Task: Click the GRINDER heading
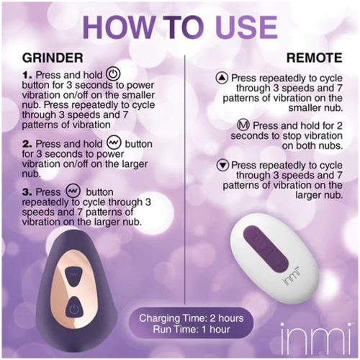coord(53,58)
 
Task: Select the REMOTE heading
coord(315,58)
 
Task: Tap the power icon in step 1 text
coord(113,74)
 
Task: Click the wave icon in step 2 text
coord(113,143)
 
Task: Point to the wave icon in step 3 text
coord(73,191)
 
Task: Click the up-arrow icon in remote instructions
coord(222,78)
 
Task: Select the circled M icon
coord(243,125)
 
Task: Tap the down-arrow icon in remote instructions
coord(222,165)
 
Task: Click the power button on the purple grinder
coord(74,310)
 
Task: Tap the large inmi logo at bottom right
coord(316,341)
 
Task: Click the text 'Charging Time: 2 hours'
coord(192,318)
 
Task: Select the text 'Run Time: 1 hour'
coord(192,329)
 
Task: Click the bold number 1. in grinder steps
coord(27,76)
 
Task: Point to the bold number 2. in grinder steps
coord(27,144)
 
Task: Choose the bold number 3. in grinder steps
coord(27,192)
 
